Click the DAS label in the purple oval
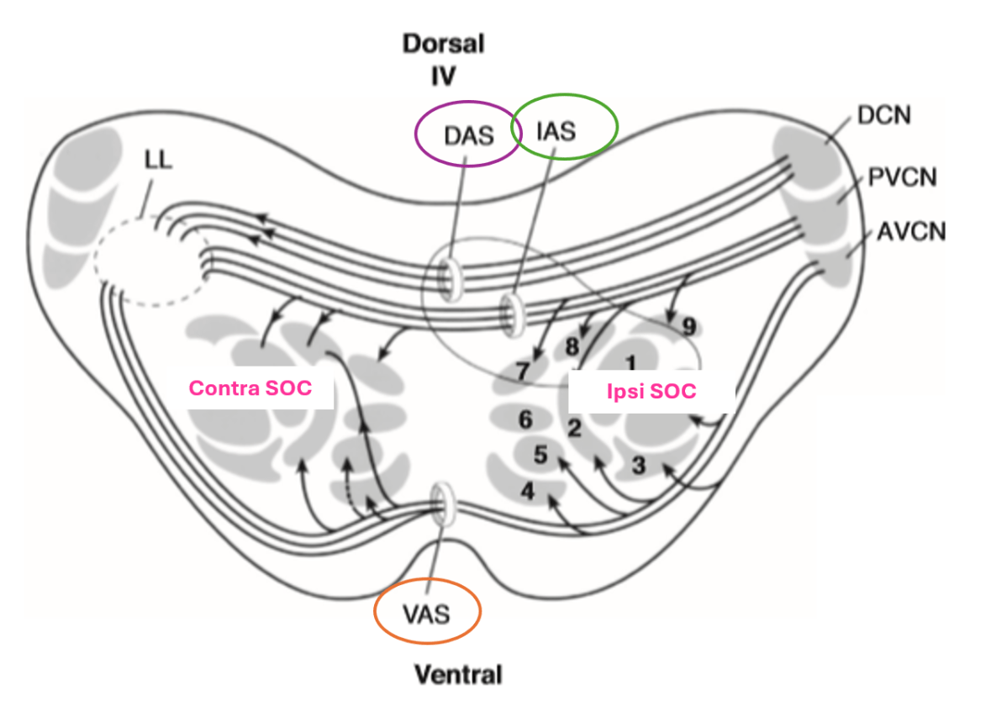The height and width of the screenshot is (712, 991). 468,136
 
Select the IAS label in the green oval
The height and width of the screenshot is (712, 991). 556,131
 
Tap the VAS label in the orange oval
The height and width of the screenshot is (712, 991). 427,614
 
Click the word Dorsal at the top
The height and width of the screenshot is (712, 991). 444,44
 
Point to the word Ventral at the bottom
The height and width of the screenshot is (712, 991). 458,675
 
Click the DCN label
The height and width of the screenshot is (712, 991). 884,115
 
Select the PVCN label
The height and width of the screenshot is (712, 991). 902,177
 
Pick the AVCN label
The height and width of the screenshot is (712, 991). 911,232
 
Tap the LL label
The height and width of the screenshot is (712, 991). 158,160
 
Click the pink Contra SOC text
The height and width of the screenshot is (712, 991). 250,388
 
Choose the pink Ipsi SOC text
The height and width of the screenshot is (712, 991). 651,391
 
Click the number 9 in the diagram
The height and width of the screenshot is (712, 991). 689,327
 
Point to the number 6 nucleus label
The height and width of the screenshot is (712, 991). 525,419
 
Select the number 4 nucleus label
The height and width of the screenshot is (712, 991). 527,491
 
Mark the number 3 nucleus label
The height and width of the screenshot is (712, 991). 639,466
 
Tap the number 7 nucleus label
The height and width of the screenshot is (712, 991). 522,372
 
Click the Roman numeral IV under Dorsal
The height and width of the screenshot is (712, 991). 443,76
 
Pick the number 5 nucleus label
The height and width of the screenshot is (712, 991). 540,455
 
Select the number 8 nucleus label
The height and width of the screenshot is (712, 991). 572,346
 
